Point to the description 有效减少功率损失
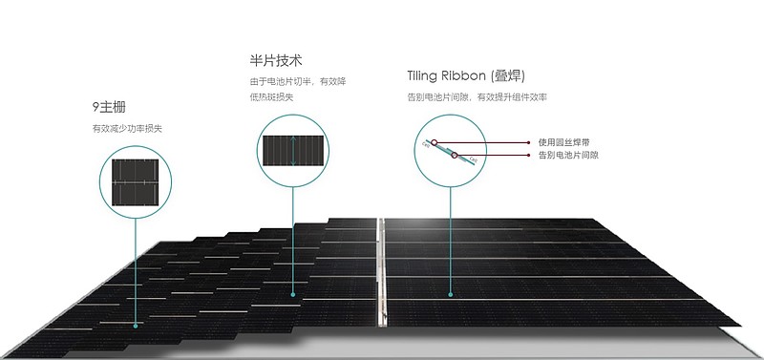click(127, 128)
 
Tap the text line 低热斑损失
click(271, 96)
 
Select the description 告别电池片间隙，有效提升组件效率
click(477, 96)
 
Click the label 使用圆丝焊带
click(564, 142)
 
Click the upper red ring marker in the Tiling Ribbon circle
click(435, 142)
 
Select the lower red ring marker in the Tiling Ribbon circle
click(456, 155)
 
